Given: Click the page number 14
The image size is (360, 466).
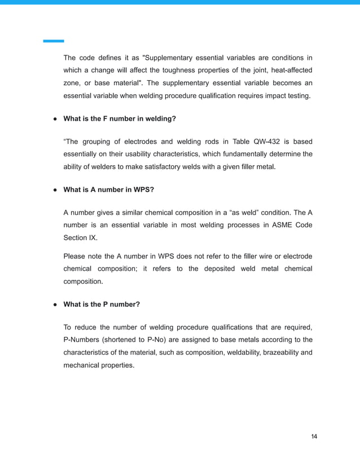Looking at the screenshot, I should (x=314, y=437).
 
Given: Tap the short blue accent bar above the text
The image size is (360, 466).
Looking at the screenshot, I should (x=54, y=41).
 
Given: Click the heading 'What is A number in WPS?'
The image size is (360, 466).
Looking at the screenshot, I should (x=108, y=190).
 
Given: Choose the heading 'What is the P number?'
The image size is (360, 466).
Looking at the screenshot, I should (x=102, y=304).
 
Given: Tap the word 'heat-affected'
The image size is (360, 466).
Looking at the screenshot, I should (x=289, y=70).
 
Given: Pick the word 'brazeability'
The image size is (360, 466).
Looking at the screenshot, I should (x=275, y=352).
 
